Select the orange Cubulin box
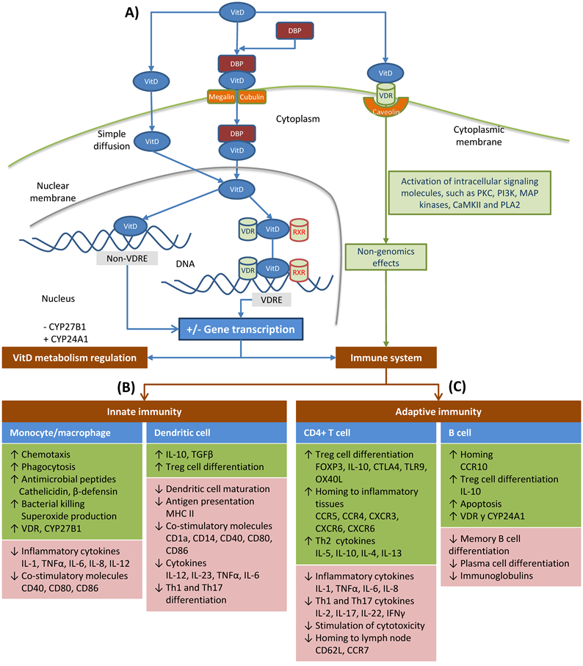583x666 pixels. coord(250,97)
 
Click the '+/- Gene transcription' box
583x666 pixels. coord(239,330)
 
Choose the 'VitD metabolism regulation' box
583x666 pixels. coord(73,358)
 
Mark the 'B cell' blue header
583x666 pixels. coord(513,433)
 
